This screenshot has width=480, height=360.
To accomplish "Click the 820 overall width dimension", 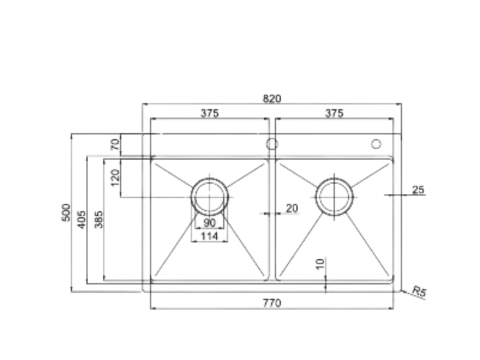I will point(271,98).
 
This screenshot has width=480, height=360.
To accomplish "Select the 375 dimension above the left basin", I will point(210,114).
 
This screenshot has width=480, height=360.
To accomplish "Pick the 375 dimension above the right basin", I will point(334,114).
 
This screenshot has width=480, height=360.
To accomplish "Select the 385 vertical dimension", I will point(99,219).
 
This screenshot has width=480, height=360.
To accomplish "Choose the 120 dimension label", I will point(115,179).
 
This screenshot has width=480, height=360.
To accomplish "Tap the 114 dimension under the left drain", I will point(210,236).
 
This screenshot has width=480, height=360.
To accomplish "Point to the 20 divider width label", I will point(291,208).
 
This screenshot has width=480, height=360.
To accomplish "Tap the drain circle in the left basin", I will point(210,194).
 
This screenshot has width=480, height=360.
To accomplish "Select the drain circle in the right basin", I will point(333,194).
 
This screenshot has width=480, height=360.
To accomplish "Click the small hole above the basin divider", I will point(271,144).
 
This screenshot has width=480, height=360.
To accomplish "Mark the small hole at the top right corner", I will point(377,144).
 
